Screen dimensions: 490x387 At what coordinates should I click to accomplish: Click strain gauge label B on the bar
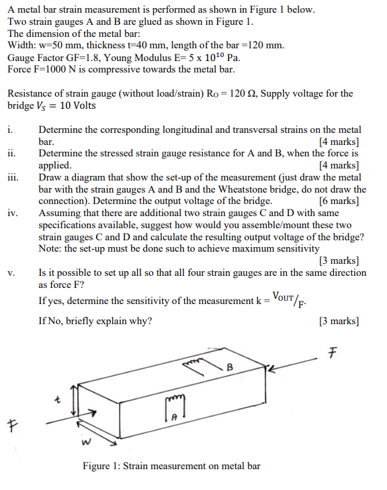230,367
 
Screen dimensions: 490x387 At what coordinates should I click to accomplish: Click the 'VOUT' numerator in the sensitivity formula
288,296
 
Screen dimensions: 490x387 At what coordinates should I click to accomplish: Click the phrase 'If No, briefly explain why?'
95,321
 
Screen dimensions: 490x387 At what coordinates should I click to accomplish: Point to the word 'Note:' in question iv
51,248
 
